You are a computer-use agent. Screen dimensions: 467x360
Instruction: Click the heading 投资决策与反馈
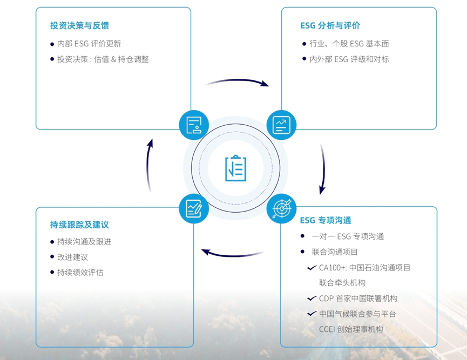click(79, 25)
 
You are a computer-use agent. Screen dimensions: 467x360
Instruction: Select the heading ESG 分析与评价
click(330, 25)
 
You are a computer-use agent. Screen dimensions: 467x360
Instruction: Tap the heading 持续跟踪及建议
click(79, 225)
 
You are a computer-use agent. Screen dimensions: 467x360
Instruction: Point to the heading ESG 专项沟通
click(326, 220)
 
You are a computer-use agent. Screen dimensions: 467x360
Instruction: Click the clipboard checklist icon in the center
click(235, 168)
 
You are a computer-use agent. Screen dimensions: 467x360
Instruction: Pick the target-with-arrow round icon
click(281, 208)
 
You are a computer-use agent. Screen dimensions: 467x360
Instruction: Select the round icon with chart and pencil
click(194, 208)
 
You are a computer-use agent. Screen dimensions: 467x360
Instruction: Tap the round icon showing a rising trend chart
click(281, 125)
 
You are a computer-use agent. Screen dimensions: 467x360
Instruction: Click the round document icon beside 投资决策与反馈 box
click(194, 125)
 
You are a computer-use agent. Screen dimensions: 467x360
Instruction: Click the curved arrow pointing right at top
click(238, 80)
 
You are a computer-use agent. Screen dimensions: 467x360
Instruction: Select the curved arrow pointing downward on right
click(323, 168)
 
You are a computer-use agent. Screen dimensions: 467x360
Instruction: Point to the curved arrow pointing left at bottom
click(234, 255)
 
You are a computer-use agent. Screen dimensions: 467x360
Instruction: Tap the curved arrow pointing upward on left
click(148, 166)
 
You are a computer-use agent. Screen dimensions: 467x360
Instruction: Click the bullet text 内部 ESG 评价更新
click(89, 44)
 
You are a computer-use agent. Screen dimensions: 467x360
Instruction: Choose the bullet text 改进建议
click(73, 257)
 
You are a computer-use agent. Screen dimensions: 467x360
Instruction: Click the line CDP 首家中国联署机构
click(358, 298)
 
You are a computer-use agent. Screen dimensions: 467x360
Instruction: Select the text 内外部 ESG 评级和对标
click(349, 59)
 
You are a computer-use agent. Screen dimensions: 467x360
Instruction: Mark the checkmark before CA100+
click(312, 268)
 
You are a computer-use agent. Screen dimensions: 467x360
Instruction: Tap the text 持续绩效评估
click(80, 273)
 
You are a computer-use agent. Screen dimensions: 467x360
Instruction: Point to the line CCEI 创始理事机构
click(351, 329)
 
